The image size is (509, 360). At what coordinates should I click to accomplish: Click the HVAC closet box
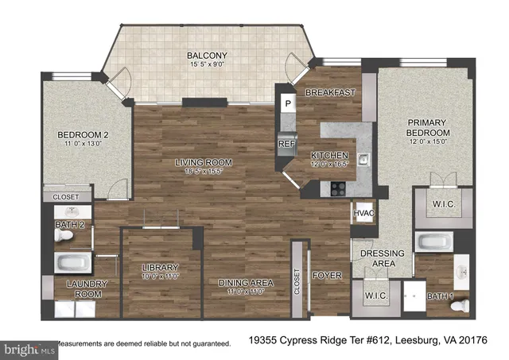(x=363, y=214)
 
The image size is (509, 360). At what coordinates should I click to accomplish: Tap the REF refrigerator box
(x=287, y=144)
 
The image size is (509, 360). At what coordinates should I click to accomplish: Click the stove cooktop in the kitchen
(x=338, y=189)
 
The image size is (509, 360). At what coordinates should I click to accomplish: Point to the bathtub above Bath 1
(x=434, y=242)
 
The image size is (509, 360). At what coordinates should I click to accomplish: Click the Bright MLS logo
(x=29, y=347)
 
